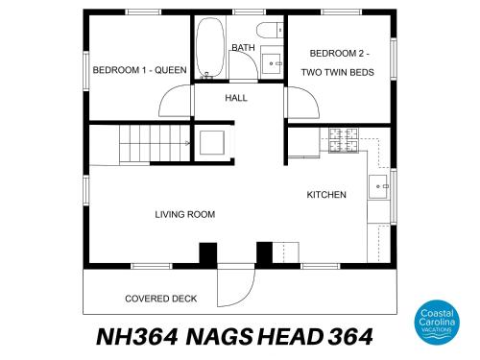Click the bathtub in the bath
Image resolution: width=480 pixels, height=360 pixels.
click(209, 48)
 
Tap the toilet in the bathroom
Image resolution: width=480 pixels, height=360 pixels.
click(270, 30)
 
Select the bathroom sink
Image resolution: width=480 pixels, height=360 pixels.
click(272, 63)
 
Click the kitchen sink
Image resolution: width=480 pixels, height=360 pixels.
click(378, 186)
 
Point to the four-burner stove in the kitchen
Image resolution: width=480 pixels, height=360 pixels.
click(344, 140)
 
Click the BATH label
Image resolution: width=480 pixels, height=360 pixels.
click(243, 48)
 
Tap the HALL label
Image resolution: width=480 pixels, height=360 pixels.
click(236, 98)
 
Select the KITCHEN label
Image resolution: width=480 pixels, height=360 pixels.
click(326, 195)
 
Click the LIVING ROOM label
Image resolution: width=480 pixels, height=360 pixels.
click(185, 214)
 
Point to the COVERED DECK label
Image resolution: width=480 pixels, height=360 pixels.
click(160, 299)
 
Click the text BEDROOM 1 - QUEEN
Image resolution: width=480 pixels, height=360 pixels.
click(139, 70)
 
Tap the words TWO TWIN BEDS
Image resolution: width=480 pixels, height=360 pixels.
click(337, 72)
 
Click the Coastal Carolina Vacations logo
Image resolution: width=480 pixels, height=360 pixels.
click(437, 323)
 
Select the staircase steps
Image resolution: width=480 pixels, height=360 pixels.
click(155, 143)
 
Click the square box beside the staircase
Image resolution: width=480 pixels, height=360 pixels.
click(211, 142)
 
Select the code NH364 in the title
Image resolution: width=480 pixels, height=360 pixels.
click(137, 337)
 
